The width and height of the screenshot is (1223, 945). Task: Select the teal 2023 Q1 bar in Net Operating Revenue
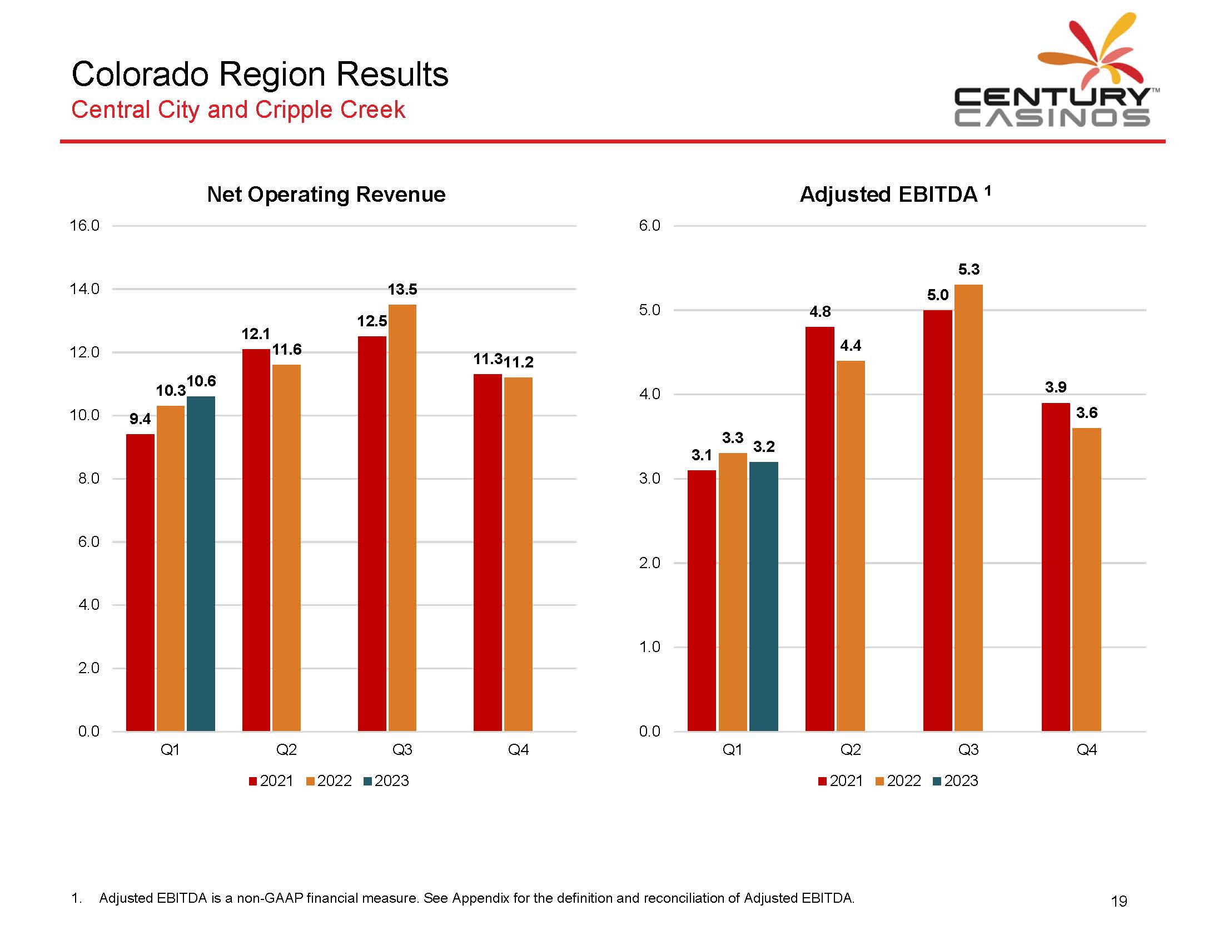click(x=201, y=563)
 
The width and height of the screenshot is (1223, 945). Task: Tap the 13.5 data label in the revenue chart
click(x=402, y=290)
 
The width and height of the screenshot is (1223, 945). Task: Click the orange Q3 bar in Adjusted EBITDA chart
click(x=968, y=506)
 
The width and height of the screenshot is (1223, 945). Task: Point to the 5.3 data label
click(x=969, y=269)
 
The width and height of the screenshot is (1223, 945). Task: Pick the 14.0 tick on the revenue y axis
click(x=84, y=289)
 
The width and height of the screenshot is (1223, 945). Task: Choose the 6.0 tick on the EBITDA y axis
click(x=649, y=226)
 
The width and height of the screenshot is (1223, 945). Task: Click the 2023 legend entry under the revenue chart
click(x=386, y=780)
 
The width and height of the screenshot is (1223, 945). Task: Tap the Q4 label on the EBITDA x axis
click(x=1086, y=750)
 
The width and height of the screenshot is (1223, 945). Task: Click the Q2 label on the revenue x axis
click(x=286, y=750)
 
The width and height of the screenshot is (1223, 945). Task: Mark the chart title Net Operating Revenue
click(x=326, y=194)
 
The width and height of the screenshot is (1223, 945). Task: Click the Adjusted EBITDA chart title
click(x=889, y=194)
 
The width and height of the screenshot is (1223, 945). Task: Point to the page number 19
click(x=1118, y=901)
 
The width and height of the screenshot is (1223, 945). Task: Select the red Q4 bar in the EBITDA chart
click(x=1056, y=566)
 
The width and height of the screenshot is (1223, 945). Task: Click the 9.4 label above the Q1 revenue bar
click(x=140, y=419)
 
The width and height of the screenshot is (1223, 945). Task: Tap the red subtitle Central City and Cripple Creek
click(x=238, y=109)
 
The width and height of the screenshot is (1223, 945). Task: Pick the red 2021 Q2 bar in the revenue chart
click(x=256, y=540)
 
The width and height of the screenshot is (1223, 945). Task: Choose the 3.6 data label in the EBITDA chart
click(x=1086, y=412)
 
